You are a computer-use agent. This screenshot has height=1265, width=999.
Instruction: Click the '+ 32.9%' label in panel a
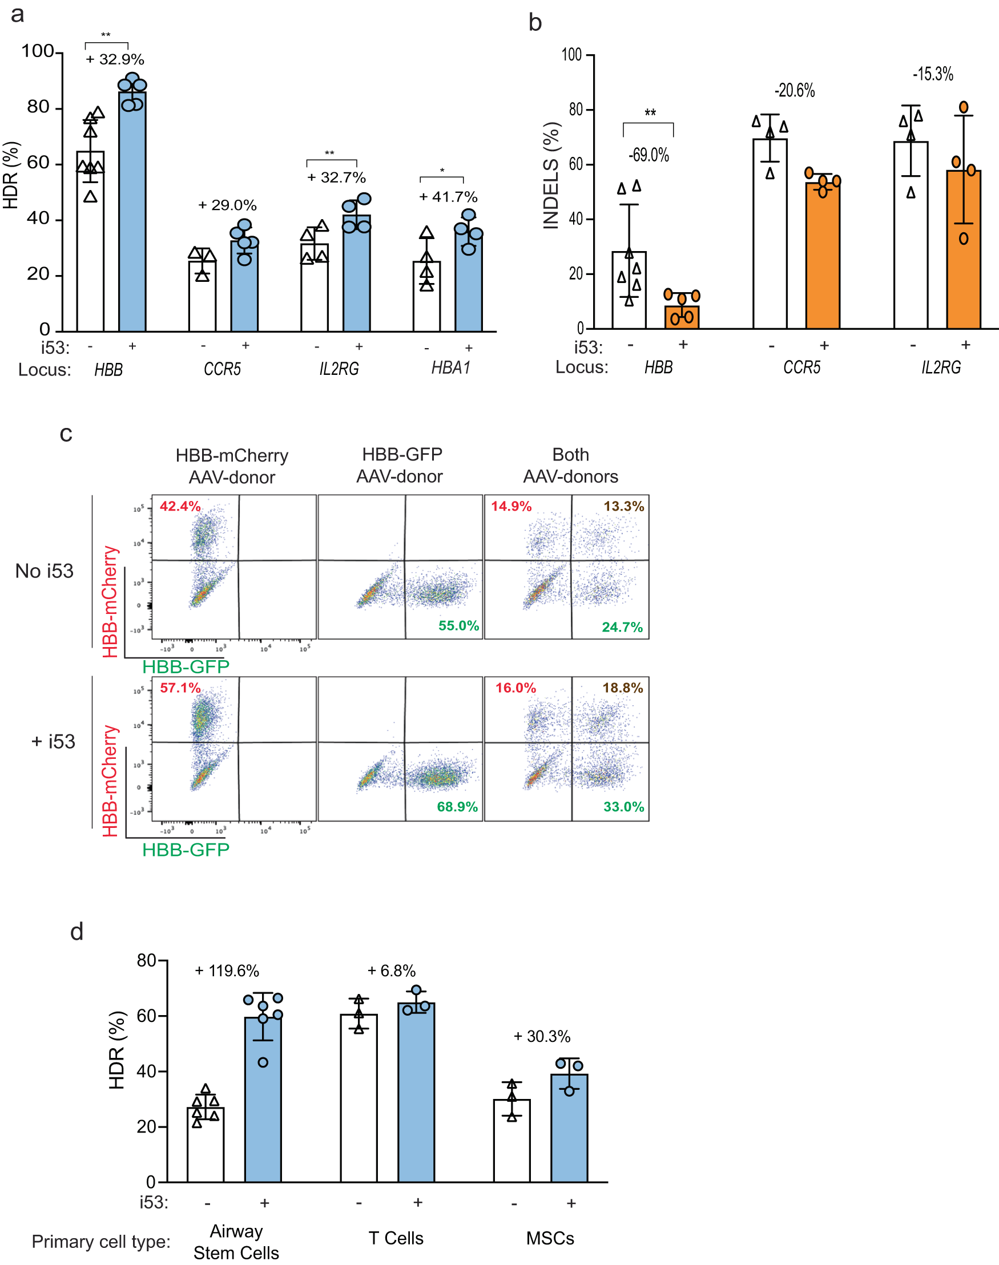pyautogui.click(x=115, y=59)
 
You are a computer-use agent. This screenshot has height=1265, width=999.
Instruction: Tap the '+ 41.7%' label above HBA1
pyautogui.click(x=448, y=197)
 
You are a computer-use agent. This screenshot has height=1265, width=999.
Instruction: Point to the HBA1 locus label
pyautogui.click(x=450, y=367)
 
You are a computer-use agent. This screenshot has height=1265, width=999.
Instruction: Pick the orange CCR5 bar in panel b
pyautogui.click(x=823, y=257)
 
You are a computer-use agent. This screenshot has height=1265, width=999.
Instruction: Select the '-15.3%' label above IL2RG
pyautogui.click(x=933, y=74)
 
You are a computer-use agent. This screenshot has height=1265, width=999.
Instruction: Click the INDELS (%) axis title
pyautogui.click(x=551, y=175)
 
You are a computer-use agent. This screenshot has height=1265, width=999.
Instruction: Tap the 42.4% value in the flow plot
pyautogui.click(x=180, y=506)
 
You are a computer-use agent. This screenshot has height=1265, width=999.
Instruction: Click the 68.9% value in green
pyautogui.click(x=457, y=807)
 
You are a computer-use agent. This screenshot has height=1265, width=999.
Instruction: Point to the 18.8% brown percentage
pyautogui.click(x=623, y=688)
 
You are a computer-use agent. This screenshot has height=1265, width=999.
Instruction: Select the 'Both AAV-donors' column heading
pyautogui.click(x=570, y=465)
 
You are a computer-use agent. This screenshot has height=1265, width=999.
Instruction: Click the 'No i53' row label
pyautogui.click(x=45, y=571)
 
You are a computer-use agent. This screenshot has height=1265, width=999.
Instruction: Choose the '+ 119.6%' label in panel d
pyautogui.click(x=227, y=971)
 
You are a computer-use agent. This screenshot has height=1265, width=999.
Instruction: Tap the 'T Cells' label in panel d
pyautogui.click(x=396, y=1238)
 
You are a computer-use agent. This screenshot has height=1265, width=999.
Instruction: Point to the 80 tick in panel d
pyautogui.click(x=146, y=960)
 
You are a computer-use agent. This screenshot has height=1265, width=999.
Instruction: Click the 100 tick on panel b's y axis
pyautogui.click(x=571, y=55)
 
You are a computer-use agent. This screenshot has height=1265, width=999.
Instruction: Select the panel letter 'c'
pyautogui.click(x=66, y=434)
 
